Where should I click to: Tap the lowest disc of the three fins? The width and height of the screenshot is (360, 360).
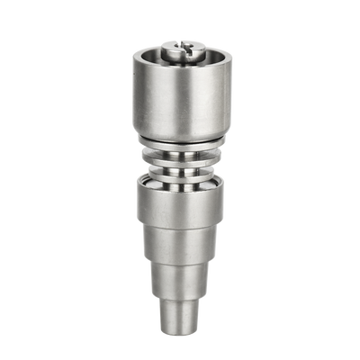pyautogui.click(x=180, y=168)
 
